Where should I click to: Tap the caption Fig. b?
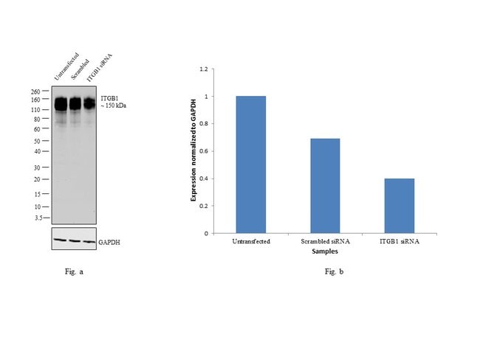point(335,272)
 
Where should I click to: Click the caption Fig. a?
point(74,272)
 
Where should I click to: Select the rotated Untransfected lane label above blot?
point(64,66)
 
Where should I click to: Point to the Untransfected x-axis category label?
point(251,240)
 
